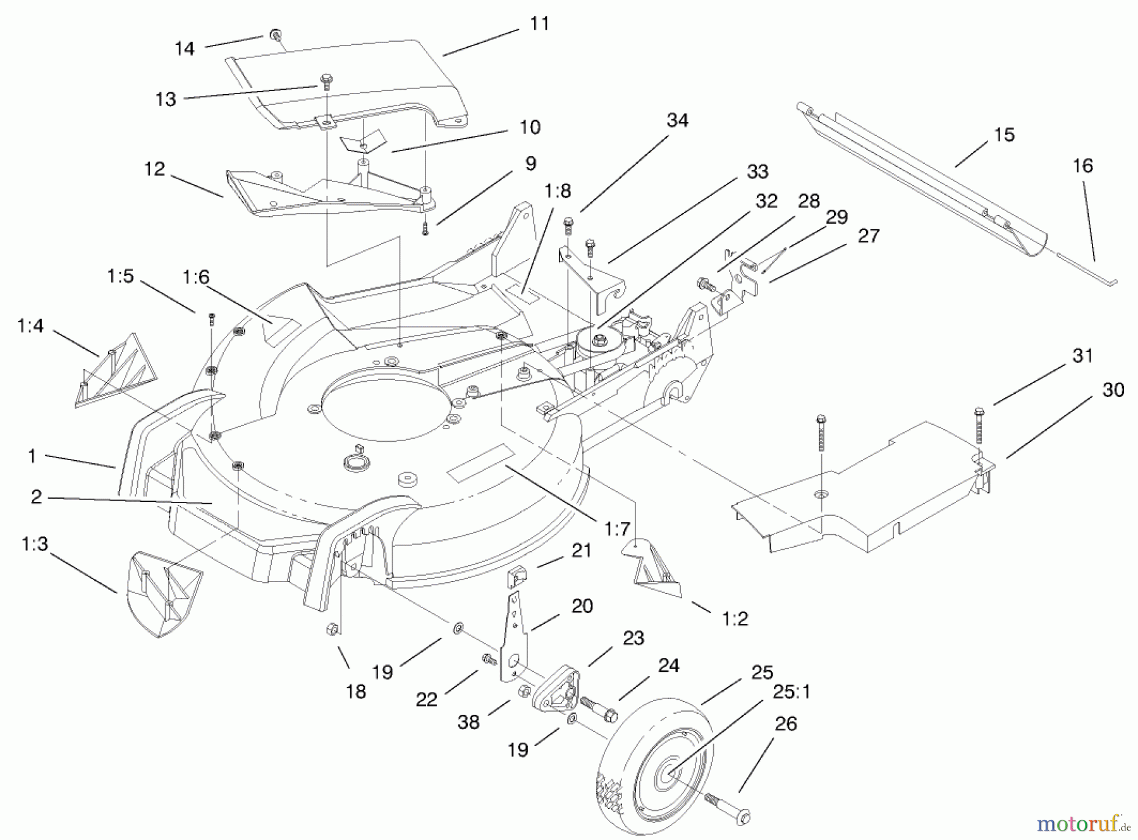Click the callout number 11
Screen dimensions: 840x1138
click(x=539, y=24)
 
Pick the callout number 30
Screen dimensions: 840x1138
click(x=1113, y=390)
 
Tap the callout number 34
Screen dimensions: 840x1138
click(x=677, y=121)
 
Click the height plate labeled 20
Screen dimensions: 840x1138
click(x=515, y=638)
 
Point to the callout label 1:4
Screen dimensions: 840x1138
click(x=30, y=326)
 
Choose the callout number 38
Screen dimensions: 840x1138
click(x=468, y=722)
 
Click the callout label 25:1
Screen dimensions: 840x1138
click(x=790, y=692)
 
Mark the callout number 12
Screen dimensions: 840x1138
click(x=154, y=169)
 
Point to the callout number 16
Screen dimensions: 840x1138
click(x=1082, y=166)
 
